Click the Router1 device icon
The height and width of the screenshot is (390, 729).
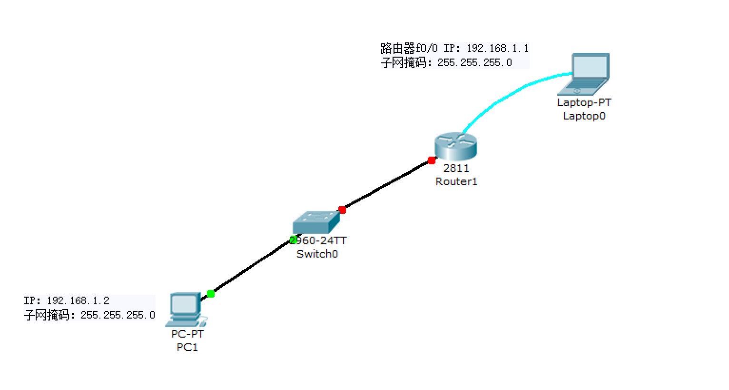tap(455, 146)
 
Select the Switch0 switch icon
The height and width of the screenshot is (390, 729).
tap(316, 222)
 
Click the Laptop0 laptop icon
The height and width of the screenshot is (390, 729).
tap(585, 74)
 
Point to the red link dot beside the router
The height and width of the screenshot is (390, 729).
tap(432, 160)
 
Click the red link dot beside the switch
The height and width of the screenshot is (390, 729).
tap(342, 210)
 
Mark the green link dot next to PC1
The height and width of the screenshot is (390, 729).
tap(211, 294)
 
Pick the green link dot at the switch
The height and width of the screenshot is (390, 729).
tap(294, 240)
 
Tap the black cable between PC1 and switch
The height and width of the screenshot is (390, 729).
tap(252, 267)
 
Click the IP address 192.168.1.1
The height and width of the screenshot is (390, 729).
tap(497, 49)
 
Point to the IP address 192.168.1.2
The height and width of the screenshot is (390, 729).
tap(78, 301)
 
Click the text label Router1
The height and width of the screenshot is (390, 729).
tap(456, 181)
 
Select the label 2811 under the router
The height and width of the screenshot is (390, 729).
tap(456, 168)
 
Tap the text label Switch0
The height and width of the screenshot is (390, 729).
tap(317, 254)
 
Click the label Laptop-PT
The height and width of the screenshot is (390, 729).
tap(584, 102)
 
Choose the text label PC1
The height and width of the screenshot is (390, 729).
tap(187, 347)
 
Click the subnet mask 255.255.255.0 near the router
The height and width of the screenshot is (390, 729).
tap(474, 63)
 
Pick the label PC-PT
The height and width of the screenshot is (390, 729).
tap(187, 334)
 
